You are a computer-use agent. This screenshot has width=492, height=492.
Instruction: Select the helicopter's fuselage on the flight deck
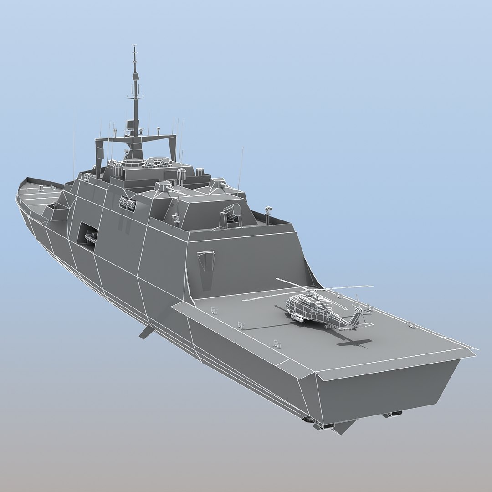pyautogui.click(x=310, y=307)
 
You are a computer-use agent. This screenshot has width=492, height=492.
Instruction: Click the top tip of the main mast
pyautogui.click(x=134, y=46)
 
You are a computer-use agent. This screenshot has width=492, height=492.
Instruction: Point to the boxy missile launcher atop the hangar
pyautogui.click(x=231, y=215)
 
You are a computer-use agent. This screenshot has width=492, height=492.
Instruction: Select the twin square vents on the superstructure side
pyautogui.click(x=128, y=204)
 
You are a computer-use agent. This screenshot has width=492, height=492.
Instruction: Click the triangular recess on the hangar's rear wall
pyautogui.click(x=206, y=264)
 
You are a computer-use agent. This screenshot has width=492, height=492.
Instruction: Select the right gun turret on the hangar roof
pyautogui.click(x=217, y=183)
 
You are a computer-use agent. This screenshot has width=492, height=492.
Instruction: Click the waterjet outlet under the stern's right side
pyautogui.click(x=392, y=414)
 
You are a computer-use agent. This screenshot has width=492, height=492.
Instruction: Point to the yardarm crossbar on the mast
pyautogui.click(x=135, y=97)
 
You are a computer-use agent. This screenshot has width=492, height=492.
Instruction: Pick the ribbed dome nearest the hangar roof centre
pyautogui.click(x=181, y=173)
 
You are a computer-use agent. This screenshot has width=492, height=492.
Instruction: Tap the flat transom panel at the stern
pyautogui.click(x=387, y=387)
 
